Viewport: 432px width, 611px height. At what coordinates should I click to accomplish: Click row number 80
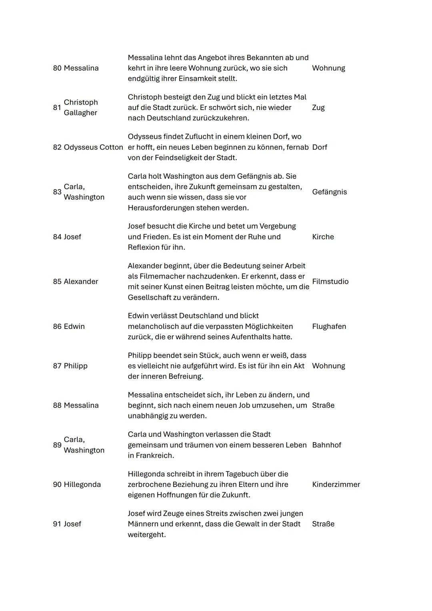(57, 68)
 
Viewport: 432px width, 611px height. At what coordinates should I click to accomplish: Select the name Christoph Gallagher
(80, 108)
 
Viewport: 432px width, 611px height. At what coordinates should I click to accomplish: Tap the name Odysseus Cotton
(93, 147)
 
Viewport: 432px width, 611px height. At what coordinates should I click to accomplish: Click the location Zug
(318, 108)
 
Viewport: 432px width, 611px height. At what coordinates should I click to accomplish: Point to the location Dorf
(319, 147)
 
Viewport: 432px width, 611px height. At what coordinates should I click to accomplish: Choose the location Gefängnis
(329, 192)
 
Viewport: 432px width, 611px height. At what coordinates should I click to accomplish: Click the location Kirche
(323, 237)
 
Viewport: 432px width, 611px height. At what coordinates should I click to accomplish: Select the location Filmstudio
(330, 282)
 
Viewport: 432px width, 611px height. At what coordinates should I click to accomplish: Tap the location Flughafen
(329, 327)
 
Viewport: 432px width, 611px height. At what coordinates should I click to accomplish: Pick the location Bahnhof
(326, 445)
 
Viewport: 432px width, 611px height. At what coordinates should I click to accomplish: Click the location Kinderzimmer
(336, 485)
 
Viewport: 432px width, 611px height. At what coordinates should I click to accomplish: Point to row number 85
(57, 282)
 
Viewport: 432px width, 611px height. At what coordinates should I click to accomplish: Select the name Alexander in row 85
(81, 282)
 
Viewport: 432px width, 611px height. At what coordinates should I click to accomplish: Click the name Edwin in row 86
(74, 327)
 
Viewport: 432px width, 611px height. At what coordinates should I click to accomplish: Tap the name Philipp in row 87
(76, 366)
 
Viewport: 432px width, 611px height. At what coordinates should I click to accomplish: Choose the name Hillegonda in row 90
(82, 485)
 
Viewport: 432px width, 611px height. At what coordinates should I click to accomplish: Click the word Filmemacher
(160, 276)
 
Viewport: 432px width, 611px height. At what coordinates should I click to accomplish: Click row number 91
(57, 524)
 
